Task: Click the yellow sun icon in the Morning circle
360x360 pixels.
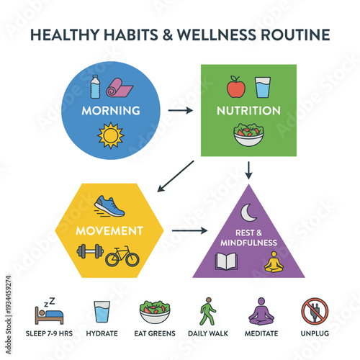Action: pyautogui.click(x=111, y=135)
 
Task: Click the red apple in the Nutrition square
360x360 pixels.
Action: pyautogui.click(x=235, y=88)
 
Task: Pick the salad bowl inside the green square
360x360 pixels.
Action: pyautogui.click(x=249, y=135)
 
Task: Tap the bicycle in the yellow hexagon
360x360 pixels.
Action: pyautogui.click(x=122, y=256)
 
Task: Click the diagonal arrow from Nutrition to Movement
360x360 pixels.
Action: pyautogui.click(x=175, y=177)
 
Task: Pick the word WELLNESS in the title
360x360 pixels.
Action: pyautogui.click(x=207, y=34)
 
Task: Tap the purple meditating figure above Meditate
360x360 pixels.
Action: pyautogui.click(x=261, y=312)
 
